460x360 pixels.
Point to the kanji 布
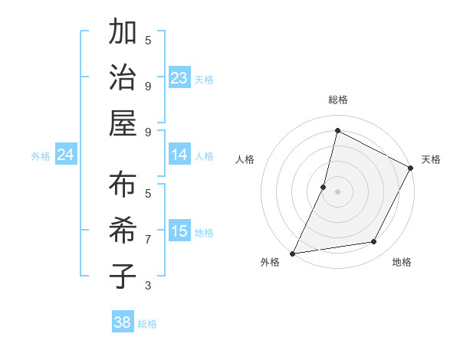coord(123,185)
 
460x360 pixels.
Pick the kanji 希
coord(123,231)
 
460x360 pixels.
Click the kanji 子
coord(123,276)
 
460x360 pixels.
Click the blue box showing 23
coord(179,77)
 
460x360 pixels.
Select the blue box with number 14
coord(179,155)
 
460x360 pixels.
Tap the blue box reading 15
coord(179,231)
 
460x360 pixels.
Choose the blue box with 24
coord(66,155)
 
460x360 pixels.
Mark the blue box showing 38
coord(123,322)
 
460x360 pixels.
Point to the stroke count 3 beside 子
coord(148,286)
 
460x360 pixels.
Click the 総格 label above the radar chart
coord(337,100)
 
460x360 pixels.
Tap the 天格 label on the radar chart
coord(431,159)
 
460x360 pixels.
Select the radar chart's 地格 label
coord(402,262)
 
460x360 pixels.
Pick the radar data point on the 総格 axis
coord(337,131)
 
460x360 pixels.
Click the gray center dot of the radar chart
coord(337,191)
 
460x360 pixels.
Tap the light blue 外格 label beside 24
coord(41,155)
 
